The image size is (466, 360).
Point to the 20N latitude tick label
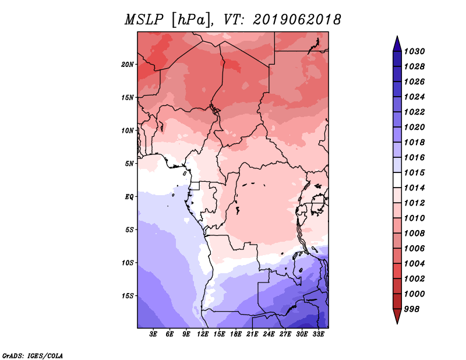coord(128,64)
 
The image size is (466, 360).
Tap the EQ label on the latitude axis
coord(129,196)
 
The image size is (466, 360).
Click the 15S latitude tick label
coord(128,295)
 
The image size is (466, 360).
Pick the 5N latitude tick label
coord(129,163)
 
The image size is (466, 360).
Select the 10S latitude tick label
coord(128,262)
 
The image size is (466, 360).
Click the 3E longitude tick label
coord(154,334)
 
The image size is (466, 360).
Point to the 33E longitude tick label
coord(319,334)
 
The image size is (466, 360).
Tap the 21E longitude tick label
coord(253,334)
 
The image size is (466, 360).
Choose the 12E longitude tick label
coord(203,334)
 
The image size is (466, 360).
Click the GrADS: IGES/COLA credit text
coord(32,355)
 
